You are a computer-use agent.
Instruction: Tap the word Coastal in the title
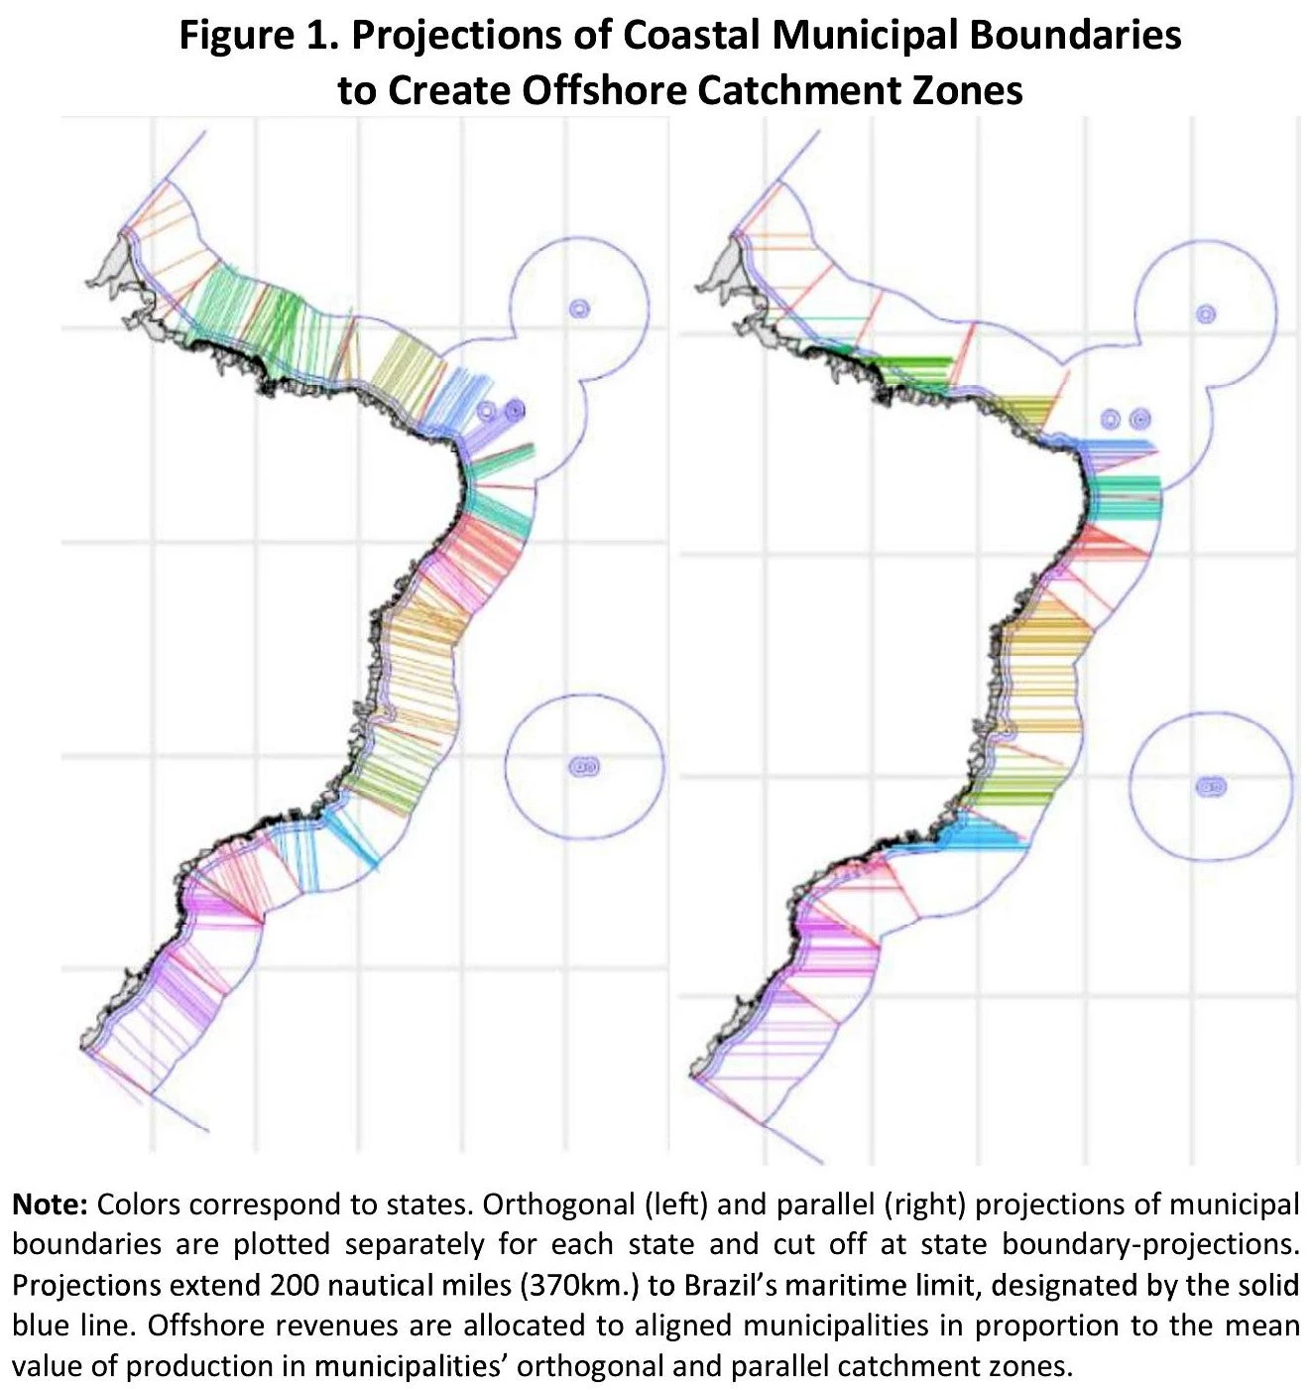point(690,36)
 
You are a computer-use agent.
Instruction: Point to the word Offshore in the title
point(606,90)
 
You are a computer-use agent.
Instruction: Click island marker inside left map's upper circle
point(579,308)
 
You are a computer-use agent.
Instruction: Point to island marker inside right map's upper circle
point(1206,315)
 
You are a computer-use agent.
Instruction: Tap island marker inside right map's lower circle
point(1211,788)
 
